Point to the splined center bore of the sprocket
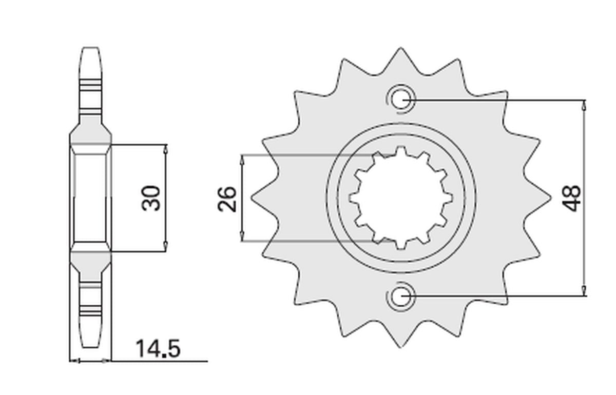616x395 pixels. coord(400,197)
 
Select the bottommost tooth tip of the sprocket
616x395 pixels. coord(400,346)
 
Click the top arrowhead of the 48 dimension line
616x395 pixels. coord(584,105)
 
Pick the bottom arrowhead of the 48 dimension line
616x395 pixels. coord(584,291)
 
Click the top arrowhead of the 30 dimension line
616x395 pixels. coord(165,149)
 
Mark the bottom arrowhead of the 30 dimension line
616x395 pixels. coord(165,246)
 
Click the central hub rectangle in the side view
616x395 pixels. coord(90,198)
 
